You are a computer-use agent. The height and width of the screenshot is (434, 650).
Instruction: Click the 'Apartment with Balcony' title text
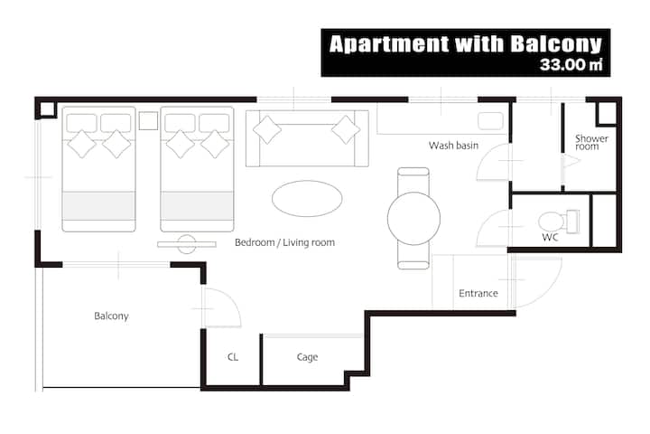pyautogui.click(x=465, y=44)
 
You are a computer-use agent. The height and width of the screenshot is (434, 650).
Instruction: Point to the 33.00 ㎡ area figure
pyautogui.click(x=571, y=64)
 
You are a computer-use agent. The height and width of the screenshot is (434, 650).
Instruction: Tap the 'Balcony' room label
pyautogui.click(x=111, y=316)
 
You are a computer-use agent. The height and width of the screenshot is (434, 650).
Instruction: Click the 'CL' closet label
pyautogui.click(x=233, y=357)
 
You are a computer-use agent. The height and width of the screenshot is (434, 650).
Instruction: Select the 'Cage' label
pyautogui.click(x=307, y=357)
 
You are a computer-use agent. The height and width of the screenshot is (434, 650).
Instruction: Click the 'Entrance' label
pyautogui.click(x=478, y=293)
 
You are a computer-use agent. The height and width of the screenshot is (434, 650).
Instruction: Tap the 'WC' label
pyautogui.click(x=550, y=238)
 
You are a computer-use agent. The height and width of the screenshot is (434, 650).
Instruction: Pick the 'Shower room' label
pyautogui.click(x=591, y=142)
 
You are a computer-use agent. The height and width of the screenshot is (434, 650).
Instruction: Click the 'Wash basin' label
pyautogui.click(x=453, y=146)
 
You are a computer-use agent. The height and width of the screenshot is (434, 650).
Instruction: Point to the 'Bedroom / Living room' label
pyautogui.click(x=284, y=242)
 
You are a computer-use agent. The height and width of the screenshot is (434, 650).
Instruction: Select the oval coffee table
pyautogui.click(x=307, y=199)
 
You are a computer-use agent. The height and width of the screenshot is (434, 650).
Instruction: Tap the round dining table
pyautogui.click(x=413, y=219)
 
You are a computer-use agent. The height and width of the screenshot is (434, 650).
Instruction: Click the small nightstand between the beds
pyautogui.click(x=148, y=120)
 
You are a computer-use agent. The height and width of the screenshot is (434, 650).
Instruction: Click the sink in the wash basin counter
pyautogui.click(x=490, y=121)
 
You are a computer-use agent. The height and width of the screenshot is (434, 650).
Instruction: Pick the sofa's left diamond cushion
pyautogui.click(x=267, y=130)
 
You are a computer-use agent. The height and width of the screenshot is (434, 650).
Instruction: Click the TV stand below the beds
pyautogui.click(x=187, y=244)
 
